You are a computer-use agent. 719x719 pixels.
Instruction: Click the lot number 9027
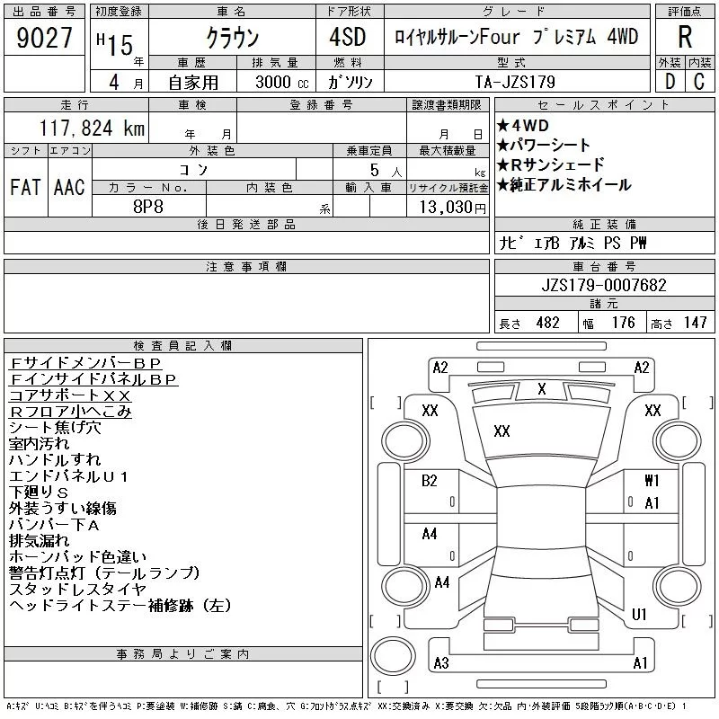tap(44, 37)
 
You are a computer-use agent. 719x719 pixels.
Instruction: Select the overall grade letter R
tap(685, 37)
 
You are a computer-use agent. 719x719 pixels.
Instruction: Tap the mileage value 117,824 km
tap(92, 128)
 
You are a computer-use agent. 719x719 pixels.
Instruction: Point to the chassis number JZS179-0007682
tap(604, 285)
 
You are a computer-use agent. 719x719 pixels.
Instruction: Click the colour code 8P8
tap(148, 207)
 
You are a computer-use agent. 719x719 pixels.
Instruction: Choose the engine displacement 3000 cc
tap(281, 82)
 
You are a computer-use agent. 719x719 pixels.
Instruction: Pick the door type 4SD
tap(348, 37)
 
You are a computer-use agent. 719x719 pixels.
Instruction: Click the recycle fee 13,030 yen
tap(453, 207)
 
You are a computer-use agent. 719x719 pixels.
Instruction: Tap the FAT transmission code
tap(25, 187)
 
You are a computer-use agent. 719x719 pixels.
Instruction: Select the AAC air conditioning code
tap(69, 187)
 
